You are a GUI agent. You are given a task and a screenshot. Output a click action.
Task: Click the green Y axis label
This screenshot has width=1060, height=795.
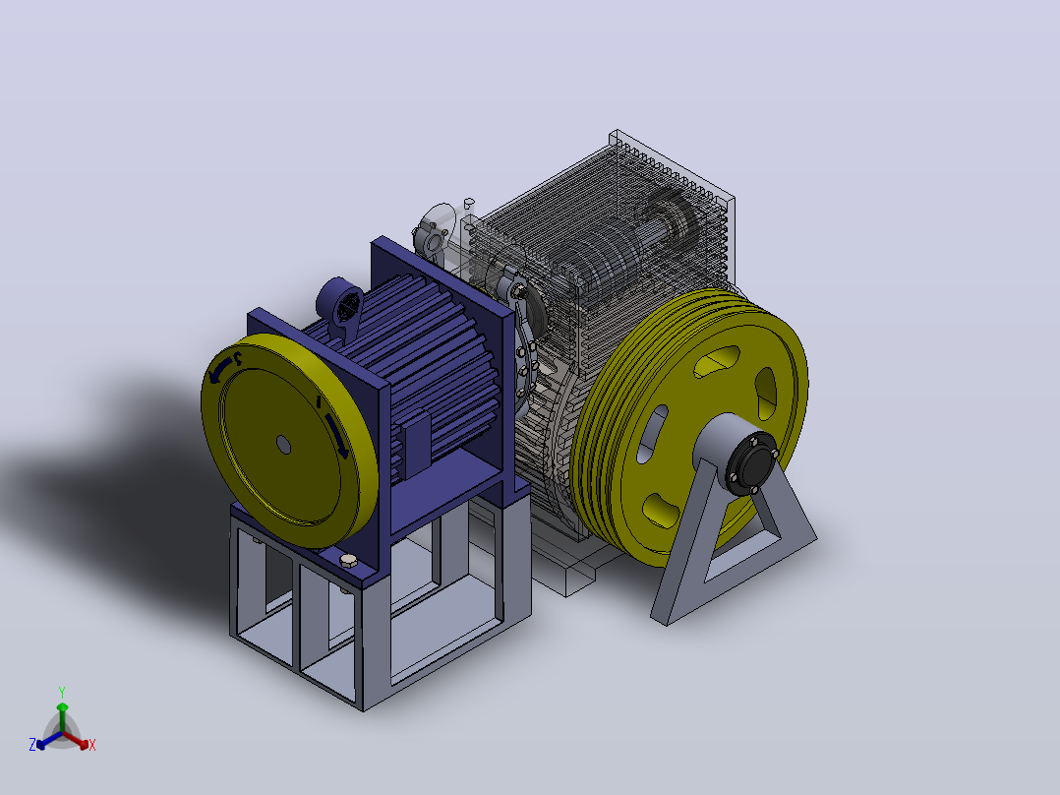coord(62,692)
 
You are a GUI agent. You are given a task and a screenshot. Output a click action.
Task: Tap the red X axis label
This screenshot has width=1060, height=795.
coord(92,745)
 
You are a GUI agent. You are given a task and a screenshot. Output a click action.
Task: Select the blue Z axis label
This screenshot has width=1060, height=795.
coord(32,744)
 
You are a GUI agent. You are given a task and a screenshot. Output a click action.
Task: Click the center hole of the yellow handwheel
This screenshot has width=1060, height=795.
coord(283,445)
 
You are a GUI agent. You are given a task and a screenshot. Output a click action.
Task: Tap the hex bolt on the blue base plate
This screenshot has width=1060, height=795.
coord(348,560)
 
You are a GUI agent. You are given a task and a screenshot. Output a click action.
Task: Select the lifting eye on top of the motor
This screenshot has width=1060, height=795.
coord(341,304)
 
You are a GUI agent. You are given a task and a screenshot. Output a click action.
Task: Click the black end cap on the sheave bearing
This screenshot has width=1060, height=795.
coord(750,462)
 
